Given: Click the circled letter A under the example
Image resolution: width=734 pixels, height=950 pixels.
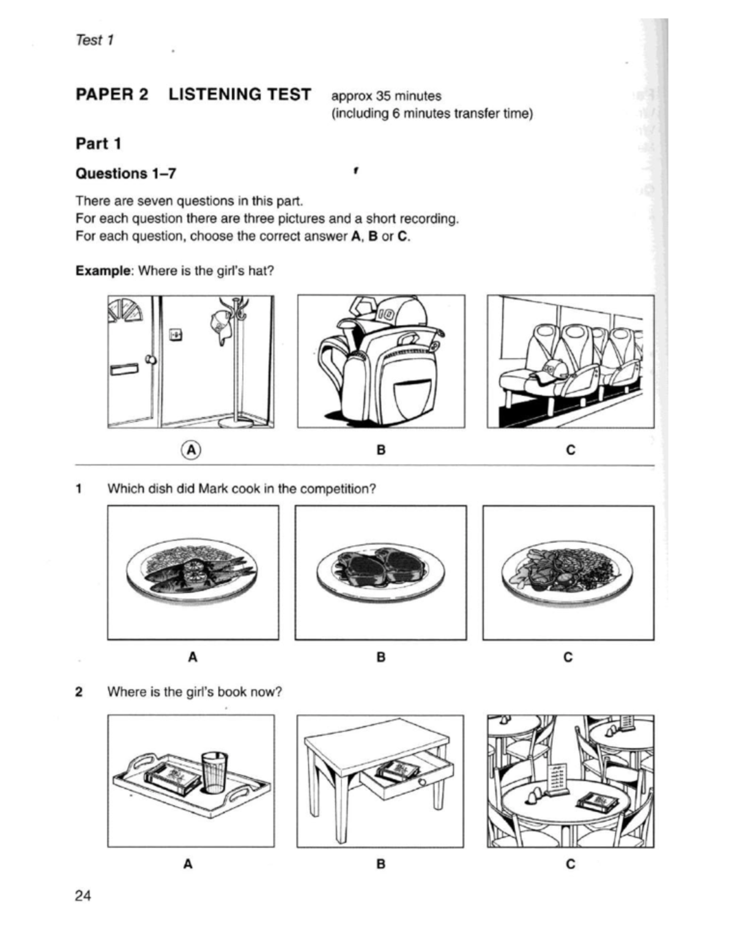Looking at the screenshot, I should pyautogui.click(x=191, y=450).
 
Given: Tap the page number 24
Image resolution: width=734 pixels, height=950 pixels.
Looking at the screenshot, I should pyautogui.click(x=83, y=896).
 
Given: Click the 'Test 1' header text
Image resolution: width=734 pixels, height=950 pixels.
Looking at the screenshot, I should pyautogui.click(x=95, y=40).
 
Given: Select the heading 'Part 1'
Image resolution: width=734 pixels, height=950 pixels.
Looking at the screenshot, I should pyautogui.click(x=98, y=144).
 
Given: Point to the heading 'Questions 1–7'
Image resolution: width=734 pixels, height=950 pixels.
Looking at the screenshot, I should pyautogui.click(x=125, y=174).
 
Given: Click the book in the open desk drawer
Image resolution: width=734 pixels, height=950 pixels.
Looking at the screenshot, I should pyautogui.click(x=398, y=772).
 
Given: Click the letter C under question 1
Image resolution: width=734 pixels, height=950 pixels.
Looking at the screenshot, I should pyautogui.click(x=568, y=657).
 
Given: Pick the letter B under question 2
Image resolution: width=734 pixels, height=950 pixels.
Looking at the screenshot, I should pyautogui.click(x=380, y=864).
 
